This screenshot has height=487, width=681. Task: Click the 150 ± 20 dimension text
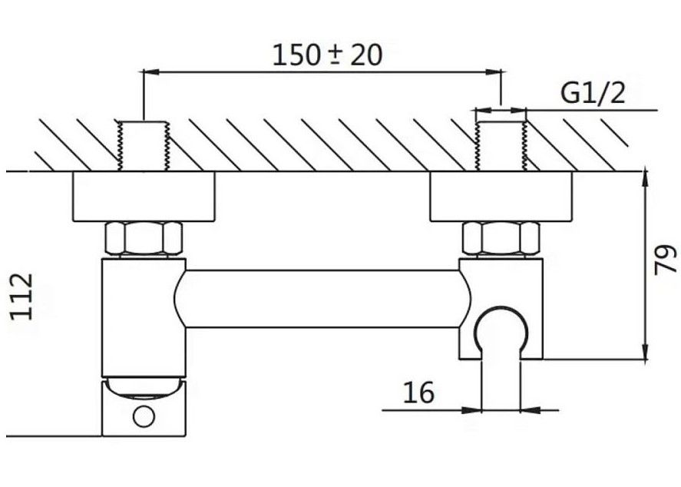[327, 55]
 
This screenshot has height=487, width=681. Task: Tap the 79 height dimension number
[664, 260]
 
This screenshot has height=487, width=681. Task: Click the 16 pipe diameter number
[418, 393]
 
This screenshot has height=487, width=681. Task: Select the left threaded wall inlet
[144, 146]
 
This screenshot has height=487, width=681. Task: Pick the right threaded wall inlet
[501, 143]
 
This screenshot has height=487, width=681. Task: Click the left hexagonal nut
[144, 238]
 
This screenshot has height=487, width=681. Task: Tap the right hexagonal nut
[501, 238]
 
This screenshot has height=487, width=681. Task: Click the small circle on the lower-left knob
[143, 417]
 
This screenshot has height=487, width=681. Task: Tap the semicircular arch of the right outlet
[501, 326]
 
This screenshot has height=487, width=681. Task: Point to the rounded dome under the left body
[144, 387]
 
